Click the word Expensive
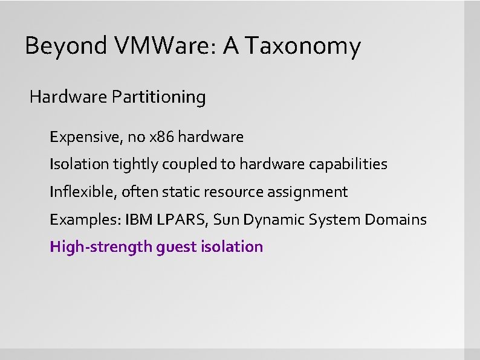point(85,138)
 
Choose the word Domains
point(396,220)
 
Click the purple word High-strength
point(101,247)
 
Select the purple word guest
point(175,247)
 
